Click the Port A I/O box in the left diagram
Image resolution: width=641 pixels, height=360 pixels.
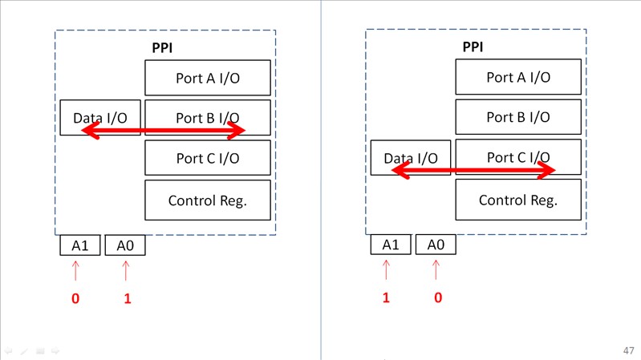207,78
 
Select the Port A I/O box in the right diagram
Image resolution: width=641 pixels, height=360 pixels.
517,78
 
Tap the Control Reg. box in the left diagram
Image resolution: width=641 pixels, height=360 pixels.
207,200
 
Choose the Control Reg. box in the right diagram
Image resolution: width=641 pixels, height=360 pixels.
517,200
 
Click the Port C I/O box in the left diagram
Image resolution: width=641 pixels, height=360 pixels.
207,158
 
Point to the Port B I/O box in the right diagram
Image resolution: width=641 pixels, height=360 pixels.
517,117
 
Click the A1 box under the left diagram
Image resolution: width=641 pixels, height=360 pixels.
79,245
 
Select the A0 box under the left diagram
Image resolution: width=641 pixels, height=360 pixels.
124,245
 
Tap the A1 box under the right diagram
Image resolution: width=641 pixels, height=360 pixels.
390,245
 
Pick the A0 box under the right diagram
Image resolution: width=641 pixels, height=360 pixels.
436,245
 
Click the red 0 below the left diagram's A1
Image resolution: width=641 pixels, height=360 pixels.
75,298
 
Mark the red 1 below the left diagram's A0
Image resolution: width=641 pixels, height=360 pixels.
127,299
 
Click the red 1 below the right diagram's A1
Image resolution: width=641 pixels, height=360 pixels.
386,297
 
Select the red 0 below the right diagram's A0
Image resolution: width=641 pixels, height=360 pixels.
438,297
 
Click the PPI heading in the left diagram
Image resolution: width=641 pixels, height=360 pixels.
162,48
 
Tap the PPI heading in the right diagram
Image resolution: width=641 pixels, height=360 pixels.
473,47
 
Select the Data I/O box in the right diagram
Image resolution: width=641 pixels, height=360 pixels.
410,158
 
